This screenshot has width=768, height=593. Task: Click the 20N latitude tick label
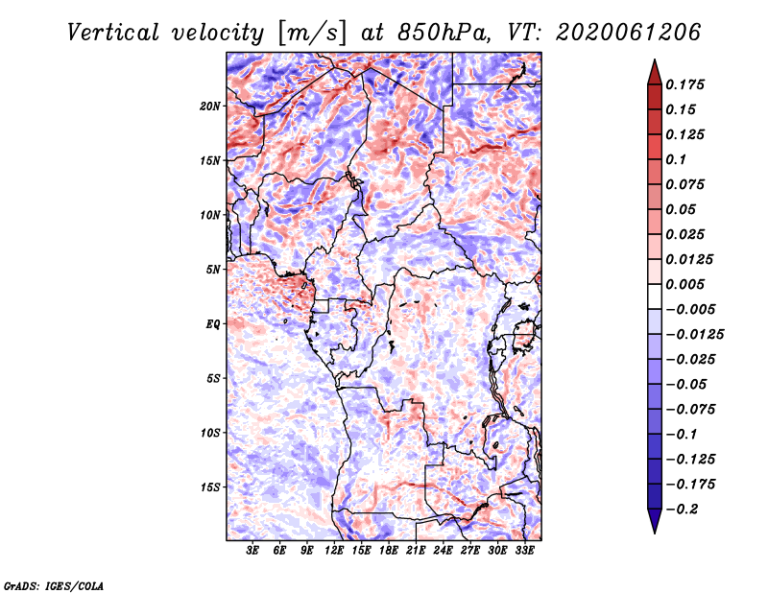coord(210,106)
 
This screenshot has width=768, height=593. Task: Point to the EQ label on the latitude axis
coord(213,323)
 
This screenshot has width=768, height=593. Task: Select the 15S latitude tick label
coord(210,486)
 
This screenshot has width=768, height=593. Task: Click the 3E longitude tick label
coord(253,552)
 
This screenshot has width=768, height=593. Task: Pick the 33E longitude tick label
coord(525,552)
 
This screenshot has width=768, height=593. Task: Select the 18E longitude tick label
coord(389,552)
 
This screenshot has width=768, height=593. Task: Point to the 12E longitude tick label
coord(335,552)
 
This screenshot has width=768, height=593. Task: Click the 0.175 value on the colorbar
coord(687,84)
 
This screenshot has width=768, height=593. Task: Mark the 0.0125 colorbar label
coord(691,259)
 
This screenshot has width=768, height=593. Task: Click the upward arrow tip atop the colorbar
coord(654,61)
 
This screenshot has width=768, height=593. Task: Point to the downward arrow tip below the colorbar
coord(654,531)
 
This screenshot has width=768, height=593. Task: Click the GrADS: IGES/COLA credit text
coord(54,583)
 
